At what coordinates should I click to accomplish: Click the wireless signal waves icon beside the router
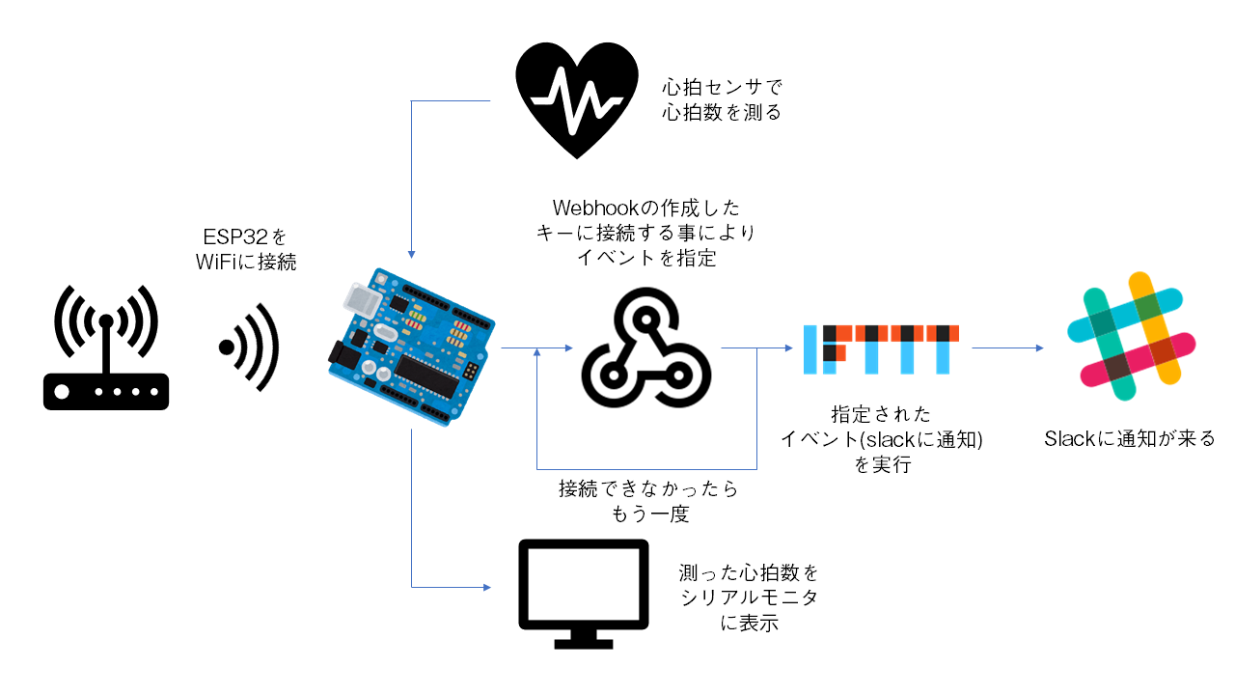(249, 347)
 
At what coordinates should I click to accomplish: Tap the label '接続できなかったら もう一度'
(648, 501)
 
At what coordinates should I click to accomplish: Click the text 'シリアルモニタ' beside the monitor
(749, 598)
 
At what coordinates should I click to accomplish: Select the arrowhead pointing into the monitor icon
(488, 587)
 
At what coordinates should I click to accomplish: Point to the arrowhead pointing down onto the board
(412, 254)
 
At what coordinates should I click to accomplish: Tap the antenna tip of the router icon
(106, 321)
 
